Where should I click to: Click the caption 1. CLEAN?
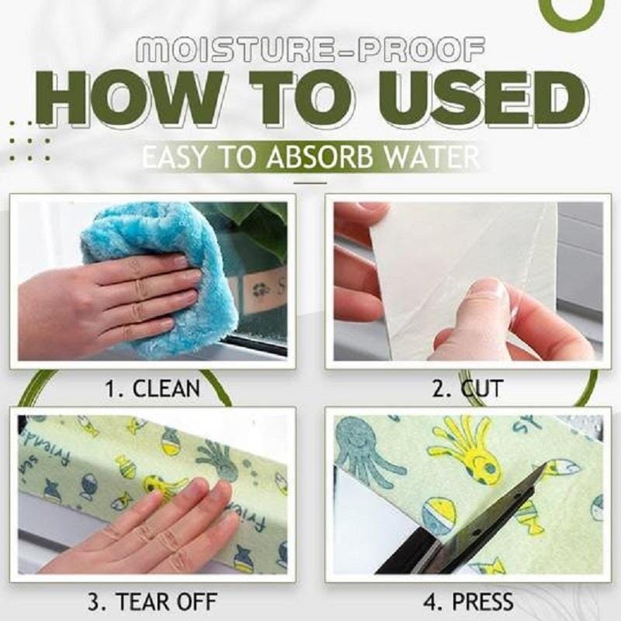154,387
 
